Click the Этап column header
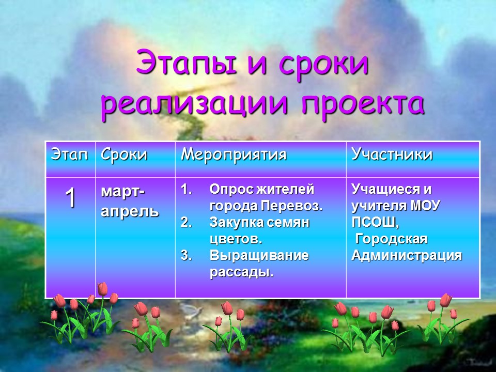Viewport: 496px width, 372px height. pos(69,154)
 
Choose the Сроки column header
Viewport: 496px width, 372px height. pos(123,154)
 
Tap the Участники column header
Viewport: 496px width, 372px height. pos(392,154)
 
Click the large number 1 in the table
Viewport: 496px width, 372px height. pos(70,198)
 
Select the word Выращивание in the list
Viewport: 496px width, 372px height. pos(259,255)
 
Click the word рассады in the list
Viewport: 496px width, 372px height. pos(240,272)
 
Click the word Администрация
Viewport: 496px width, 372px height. pos(406,256)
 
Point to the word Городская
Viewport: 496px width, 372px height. pos(391,239)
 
